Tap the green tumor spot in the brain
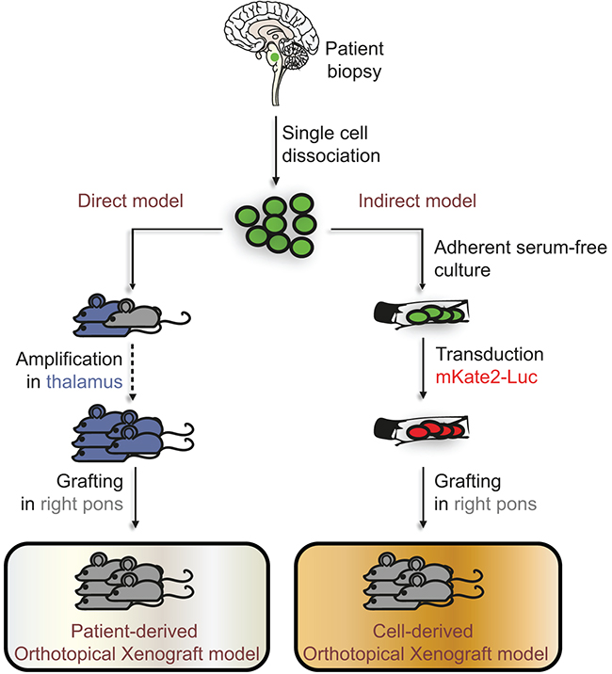273,57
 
